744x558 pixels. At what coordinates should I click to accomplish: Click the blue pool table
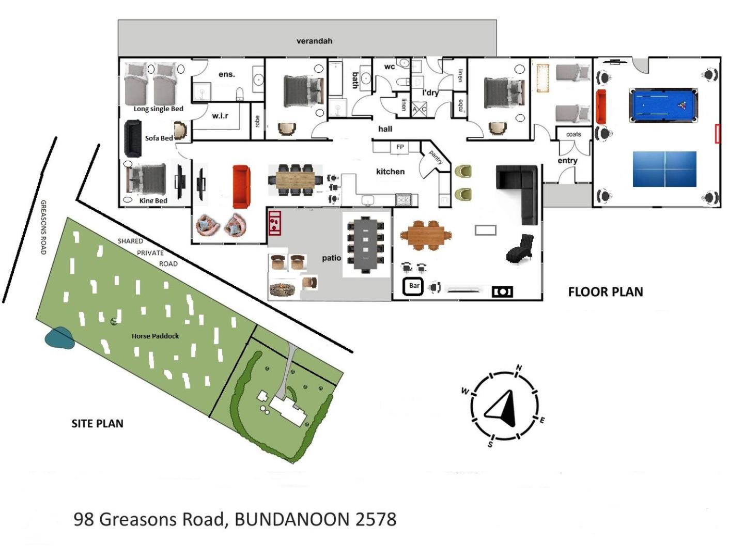tap(663, 105)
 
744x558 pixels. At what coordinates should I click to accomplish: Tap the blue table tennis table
tap(664, 169)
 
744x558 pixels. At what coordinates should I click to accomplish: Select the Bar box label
tap(413, 286)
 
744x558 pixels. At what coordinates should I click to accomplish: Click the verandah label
tap(314, 41)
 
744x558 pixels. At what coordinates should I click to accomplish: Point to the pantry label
tap(436, 157)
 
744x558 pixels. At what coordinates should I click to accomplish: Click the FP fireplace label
tap(399, 147)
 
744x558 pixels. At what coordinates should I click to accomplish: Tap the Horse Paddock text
tap(155, 336)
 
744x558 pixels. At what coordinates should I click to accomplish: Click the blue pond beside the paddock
tap(59, 338)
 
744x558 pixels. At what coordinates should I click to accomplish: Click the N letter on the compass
tap(519, 367)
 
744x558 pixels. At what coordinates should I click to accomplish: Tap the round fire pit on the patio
tap(284, 289)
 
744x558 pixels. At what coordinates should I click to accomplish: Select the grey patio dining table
tap(365, 244)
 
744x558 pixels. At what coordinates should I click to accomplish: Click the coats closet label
tap(573, 134)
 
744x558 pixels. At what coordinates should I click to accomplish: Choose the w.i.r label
tap(220, 116)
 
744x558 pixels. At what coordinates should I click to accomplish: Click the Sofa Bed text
tap(159, 138)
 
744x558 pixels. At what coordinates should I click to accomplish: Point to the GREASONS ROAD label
tap(43, 227)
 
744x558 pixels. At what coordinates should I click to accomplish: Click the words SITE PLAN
tap(97, 424)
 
